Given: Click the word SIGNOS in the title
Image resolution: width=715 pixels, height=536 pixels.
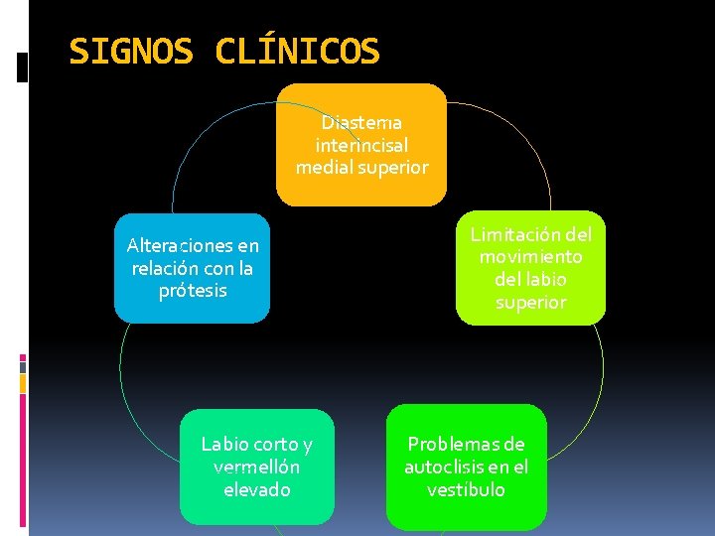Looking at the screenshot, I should coord(131,51).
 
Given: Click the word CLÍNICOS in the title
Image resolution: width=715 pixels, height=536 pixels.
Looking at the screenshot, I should coord(297,51).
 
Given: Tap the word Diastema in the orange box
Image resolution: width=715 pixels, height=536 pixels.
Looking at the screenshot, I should coord(361,123).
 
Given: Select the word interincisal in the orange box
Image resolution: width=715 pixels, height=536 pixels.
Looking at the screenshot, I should coord(361,145).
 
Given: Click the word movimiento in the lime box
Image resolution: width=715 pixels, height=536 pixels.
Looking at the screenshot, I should coord(530,257).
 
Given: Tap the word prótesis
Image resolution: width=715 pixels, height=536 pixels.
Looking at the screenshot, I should coord(193,291).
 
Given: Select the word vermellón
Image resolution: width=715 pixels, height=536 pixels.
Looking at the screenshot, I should coord(256,467).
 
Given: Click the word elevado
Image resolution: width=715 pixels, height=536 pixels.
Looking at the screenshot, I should coord(256,489).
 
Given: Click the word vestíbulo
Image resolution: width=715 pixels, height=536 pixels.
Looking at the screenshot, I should coord(466,489).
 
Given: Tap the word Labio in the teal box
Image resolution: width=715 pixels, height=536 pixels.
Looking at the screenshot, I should coord(224,444).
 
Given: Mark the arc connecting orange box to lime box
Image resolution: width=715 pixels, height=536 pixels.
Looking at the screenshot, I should coord(516,129).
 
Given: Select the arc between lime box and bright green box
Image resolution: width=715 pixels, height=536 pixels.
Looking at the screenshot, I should coord(600,367).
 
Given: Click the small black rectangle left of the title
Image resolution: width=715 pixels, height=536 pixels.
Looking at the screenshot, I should coord(24,67).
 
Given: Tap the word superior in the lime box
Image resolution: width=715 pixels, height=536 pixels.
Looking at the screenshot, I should coord(530,302).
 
